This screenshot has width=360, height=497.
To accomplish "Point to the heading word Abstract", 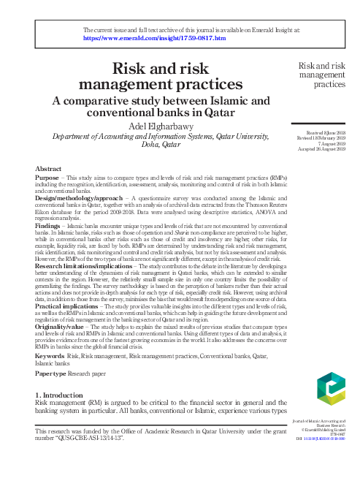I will [49, 169].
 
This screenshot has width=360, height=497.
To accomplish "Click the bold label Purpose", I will [47, 178].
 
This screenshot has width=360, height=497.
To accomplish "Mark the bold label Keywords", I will [50, 355].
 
